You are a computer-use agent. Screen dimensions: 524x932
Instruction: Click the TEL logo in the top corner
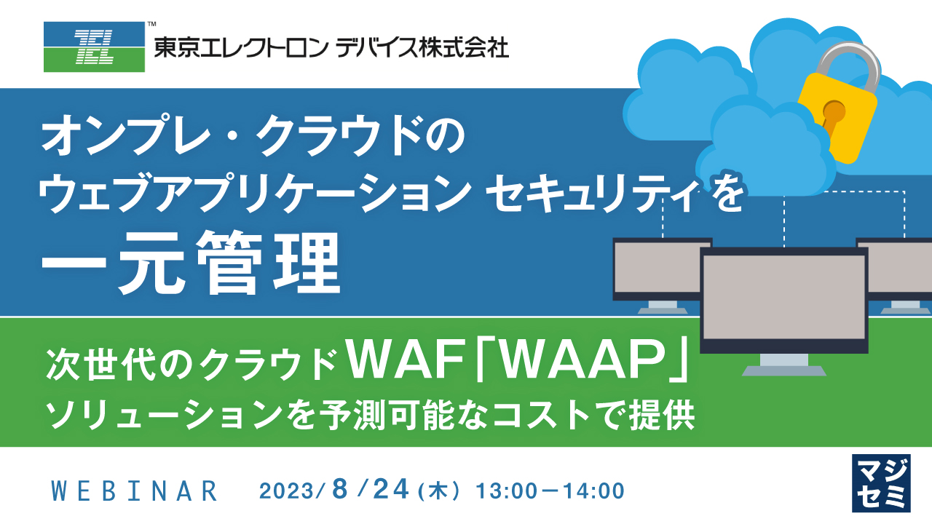[x=94, y=47]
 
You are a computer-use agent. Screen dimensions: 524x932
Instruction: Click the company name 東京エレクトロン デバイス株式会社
[x=331, y=48]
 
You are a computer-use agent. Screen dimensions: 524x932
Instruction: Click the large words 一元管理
[x=191, y=263]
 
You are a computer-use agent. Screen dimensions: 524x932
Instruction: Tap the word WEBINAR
[x=135, y=491]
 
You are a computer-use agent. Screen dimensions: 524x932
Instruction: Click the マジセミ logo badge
[x=881, y=483]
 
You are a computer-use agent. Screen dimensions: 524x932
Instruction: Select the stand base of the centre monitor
[x=783, y=370]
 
